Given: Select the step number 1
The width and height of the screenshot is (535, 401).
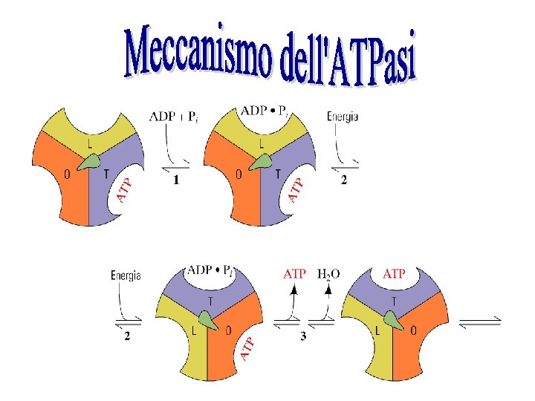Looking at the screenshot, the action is click(177, 180).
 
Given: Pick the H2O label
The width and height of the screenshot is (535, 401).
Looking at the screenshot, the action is click(328, 273).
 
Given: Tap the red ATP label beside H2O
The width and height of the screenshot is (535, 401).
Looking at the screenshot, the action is click(295, 273).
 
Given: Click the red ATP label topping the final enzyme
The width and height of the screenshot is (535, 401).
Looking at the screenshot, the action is click(393, 273).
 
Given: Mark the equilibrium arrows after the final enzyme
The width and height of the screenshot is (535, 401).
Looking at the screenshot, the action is click(480, 322).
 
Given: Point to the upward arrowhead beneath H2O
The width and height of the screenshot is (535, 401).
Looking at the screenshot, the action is click(328, 291).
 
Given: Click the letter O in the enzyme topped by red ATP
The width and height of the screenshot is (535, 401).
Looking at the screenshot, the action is click(413, 330).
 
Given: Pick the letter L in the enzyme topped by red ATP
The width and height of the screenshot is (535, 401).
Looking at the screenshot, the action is click(377, 330).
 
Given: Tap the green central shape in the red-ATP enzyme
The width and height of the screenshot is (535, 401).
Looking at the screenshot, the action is click(394, 320).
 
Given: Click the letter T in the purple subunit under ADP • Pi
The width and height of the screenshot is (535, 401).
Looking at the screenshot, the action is click(210, 300).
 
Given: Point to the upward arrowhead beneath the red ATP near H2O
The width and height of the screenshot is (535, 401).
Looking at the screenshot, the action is click(294, 291).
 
